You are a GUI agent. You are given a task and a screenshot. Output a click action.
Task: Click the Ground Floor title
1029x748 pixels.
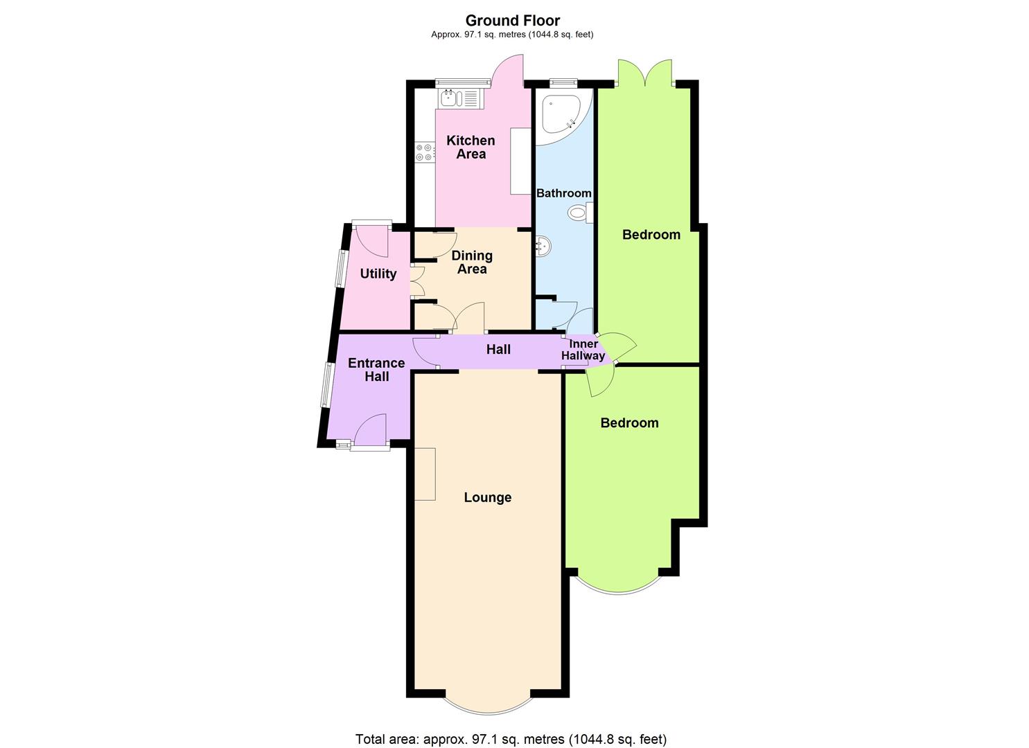click(513, 21)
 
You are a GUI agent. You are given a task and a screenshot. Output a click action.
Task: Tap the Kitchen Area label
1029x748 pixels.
click(471, 147)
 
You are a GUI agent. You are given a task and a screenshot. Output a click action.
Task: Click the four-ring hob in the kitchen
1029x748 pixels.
click(103, 152)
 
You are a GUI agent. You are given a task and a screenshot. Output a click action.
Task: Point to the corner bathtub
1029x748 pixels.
click(563, 116)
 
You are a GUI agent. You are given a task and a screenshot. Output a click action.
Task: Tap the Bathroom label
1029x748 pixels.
click(563, 193)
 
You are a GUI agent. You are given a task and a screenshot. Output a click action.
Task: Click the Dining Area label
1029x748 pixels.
click(472, 262)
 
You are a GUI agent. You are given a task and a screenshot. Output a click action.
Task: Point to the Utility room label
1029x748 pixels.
click(378, 274)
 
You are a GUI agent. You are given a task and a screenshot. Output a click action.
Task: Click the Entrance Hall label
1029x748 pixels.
click(377, 370)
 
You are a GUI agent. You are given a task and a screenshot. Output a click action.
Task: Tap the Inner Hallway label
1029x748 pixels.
click(583, 350)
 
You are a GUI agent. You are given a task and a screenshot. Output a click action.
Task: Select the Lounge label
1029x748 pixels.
click(487, 497)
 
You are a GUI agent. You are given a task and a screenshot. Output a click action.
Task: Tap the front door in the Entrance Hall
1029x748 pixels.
click(370, 430)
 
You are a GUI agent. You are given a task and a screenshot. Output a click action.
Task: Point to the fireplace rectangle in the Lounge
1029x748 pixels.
click(425, 474)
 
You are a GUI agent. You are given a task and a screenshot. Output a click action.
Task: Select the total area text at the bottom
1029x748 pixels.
click(511, 739)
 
